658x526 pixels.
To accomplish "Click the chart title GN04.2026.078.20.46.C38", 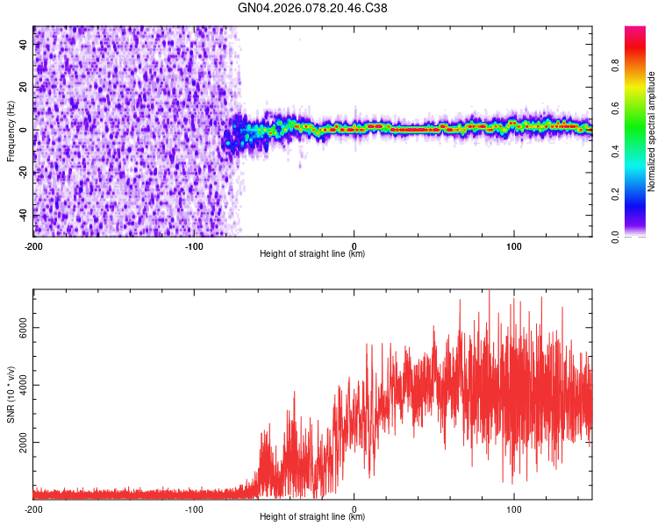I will click(x=313, y=8).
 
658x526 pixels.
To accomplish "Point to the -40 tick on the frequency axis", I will click(x=23, y=215).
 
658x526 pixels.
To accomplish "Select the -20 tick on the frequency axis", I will click(x=23, y=173).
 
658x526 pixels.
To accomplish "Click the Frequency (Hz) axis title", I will click(x=11, y=131).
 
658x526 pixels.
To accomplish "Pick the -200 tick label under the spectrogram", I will click(x=33, y=245).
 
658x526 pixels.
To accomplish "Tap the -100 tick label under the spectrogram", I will click(x=194, y=245).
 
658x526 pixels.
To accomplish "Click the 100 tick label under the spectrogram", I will click(x=514, y=245).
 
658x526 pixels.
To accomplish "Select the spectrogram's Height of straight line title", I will click(x=312, y=254).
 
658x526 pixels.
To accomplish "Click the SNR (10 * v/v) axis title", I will click(x=11, y=394).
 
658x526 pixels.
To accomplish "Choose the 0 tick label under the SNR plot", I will click(x=354, y=508).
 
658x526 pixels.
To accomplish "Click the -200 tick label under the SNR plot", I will click(x=33, y=508).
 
